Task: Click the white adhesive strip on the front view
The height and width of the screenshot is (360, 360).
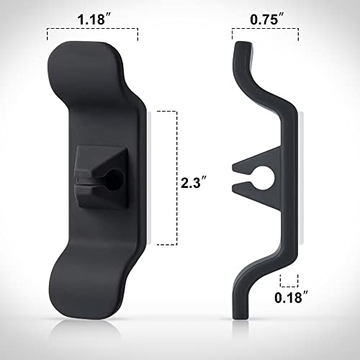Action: pyautogui.click(x=147, y=180)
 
